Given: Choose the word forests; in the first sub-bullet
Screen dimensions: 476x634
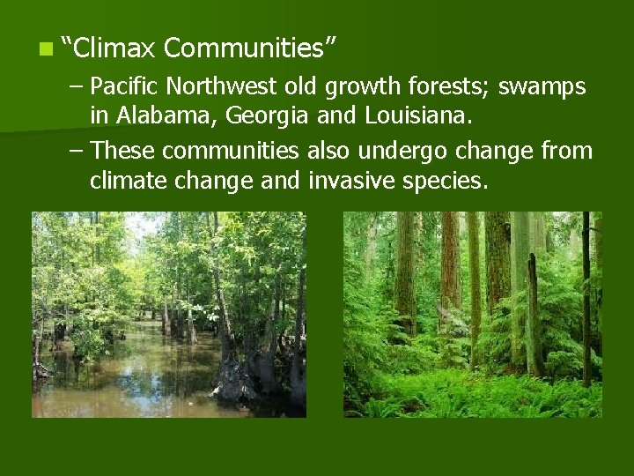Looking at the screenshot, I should pos(452,87).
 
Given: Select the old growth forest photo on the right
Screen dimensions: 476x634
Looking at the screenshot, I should pos(472,315).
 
